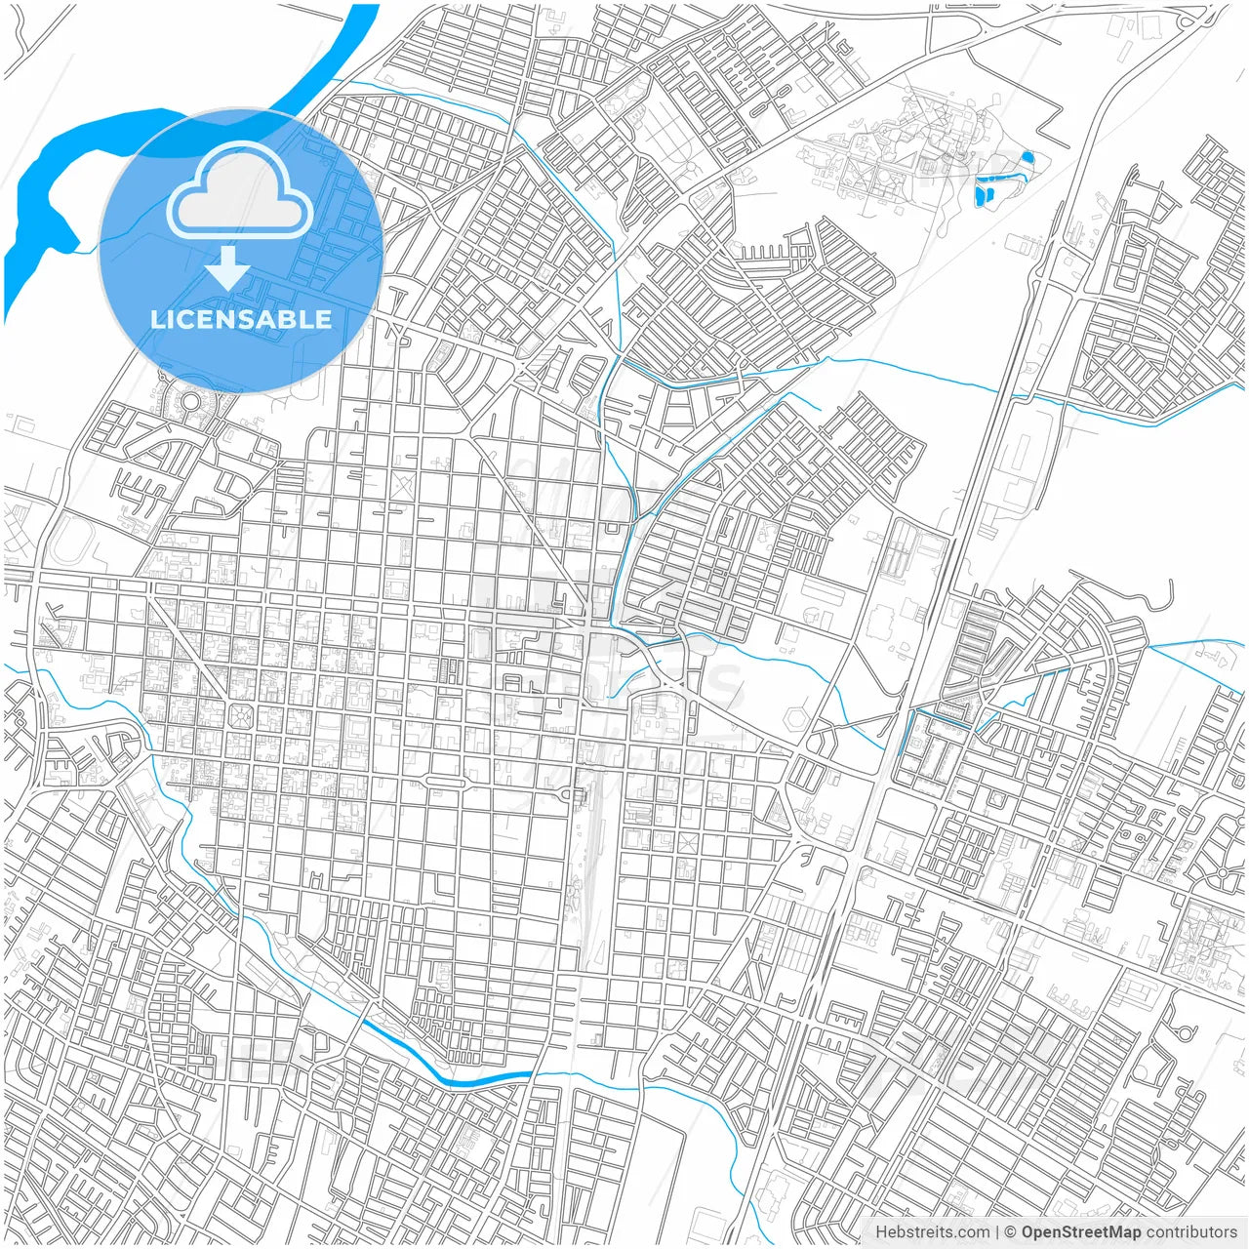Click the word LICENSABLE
pyautogui.click(x=240, y=319)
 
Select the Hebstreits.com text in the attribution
pyautogui.click(x=932, y=1232)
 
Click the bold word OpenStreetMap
pyautogui.click(x=1081, y=1232)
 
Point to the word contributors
pyautogui.click(x=1191, y=1232)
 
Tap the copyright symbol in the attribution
pyautogui.click(x=1011, y=1232)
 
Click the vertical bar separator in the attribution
pyautogui.click(x=996, y=1232)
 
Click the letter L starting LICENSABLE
pyautogui.click(x=156, y=319)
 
